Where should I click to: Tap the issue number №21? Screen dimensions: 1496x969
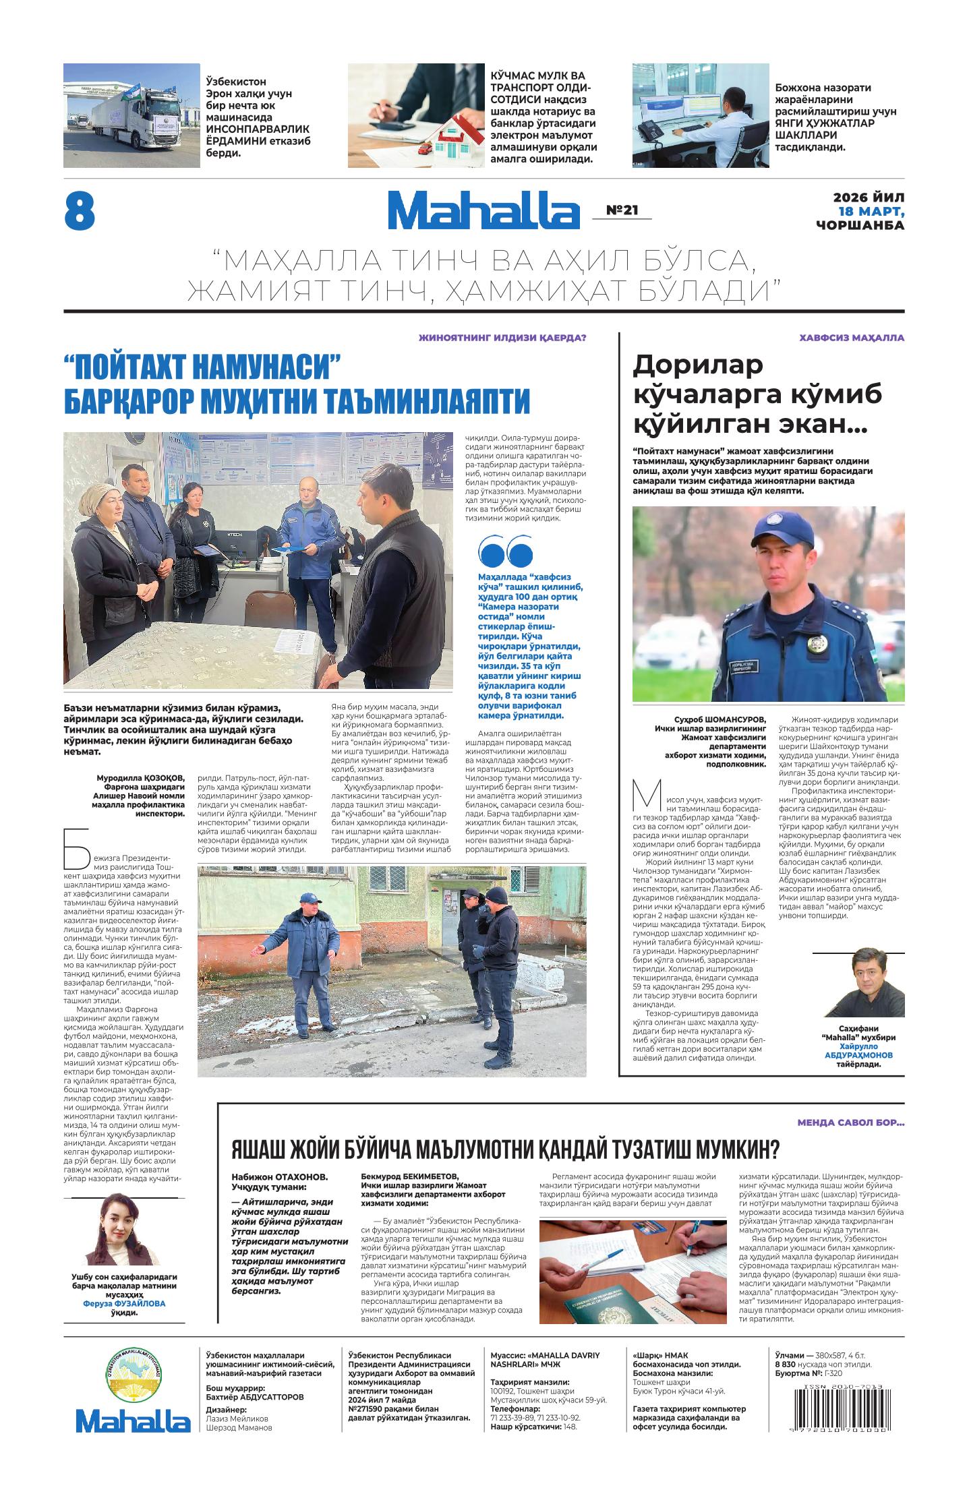pyautogui.click(x=622, y=210)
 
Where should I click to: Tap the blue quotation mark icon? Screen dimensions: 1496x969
pyautogui.click(x=504, y=553)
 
